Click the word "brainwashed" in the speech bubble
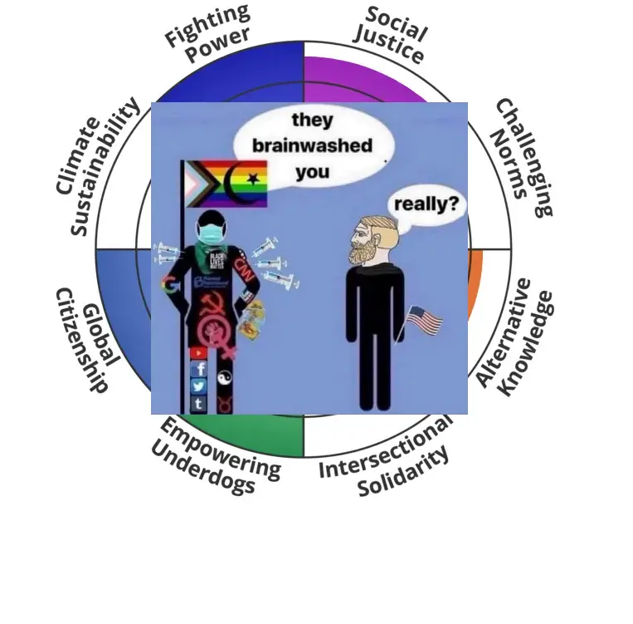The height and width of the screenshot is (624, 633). pos(312,146)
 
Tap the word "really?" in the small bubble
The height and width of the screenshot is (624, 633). pos(429,203)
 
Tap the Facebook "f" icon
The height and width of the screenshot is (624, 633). pos(199,370)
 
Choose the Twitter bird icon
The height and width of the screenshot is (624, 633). pos(199,386)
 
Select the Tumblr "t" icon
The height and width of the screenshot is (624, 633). pos(199,404)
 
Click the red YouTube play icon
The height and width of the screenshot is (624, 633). pos(199,353)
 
